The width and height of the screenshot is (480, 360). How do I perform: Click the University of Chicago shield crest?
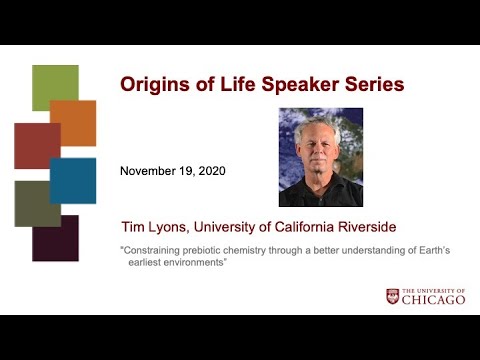pyautogui.click(x=393, y=296)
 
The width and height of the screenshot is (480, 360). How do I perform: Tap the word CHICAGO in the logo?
pyautogui.click(x=435, y=300)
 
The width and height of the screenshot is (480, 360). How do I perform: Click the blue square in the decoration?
pyautogui.click(x=73, y=180)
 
